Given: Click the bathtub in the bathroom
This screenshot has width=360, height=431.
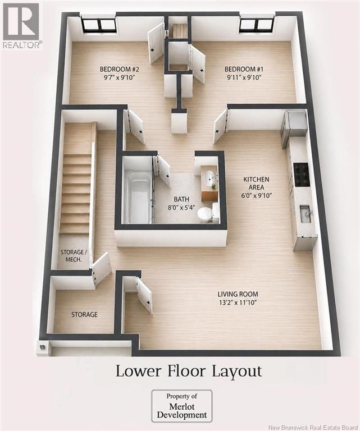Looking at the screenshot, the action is tap(138, 197).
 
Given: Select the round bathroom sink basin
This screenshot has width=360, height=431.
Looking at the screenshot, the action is tap(210, 177).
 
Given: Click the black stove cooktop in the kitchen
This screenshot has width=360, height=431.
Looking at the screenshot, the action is tap(302, 174).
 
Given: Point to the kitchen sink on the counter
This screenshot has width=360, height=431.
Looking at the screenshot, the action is tap(307, 214).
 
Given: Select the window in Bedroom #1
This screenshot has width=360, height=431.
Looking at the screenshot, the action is tap(256, 24).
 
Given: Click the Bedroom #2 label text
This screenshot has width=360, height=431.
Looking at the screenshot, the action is tap(120, 69).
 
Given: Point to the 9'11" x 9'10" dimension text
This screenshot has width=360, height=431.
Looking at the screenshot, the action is tap(244, 77).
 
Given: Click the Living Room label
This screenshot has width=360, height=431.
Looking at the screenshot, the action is tap(238, 294).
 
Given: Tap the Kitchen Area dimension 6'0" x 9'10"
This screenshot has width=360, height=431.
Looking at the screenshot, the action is tap(256, 196).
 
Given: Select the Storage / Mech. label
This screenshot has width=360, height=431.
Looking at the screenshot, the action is tap(72, 255).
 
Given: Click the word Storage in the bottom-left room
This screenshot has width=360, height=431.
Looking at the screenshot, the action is tap(84, 314).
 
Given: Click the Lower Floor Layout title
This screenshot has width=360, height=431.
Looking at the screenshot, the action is tap(189, 371).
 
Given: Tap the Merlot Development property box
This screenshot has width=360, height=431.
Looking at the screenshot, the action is tap(182, 406).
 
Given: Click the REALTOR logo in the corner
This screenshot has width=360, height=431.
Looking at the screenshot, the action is tap(21, 25).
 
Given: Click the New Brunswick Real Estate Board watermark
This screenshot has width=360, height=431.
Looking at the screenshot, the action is tap(313, 428).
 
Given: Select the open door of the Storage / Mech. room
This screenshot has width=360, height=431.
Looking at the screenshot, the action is tap(101, 268).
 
